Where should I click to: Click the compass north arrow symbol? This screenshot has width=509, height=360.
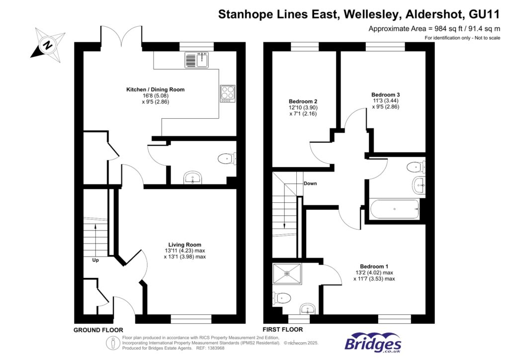click(48, 44)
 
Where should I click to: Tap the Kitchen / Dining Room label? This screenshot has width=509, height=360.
click(155, 90)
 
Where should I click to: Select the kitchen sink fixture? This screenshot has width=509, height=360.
click(198, 60)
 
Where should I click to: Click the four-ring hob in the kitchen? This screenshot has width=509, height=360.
click(227, 93)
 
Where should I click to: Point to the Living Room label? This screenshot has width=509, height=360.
click(184, 245)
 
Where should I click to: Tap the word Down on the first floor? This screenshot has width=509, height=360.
click(310, 183)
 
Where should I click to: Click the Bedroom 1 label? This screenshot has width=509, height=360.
click(375, 266)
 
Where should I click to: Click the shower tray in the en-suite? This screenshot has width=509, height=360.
click(287, 273)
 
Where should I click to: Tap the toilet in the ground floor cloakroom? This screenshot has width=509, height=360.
click(227, 159)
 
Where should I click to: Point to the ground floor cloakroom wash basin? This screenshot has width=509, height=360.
click(192, 178)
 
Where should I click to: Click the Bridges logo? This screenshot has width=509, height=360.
click(373, 343)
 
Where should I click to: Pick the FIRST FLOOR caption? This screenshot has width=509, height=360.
click(283, 330)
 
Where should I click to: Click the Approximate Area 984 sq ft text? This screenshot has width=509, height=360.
click(433, 29)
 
